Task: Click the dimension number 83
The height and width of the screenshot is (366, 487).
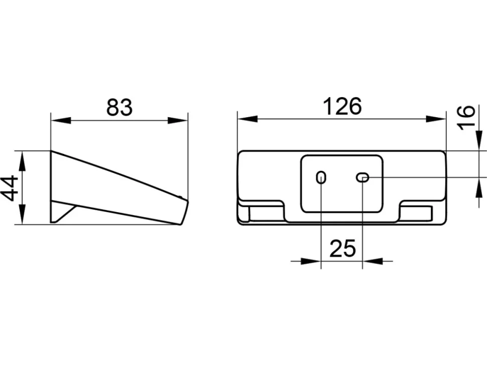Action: click(x=119, y=107)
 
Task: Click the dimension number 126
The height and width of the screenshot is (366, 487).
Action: click(x=342, y=106)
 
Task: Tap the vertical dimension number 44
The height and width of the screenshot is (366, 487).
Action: click(x=10, y=188)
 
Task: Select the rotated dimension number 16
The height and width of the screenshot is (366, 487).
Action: click(x=466, y=118)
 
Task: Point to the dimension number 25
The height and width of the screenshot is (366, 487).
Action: click(x=342, y=248)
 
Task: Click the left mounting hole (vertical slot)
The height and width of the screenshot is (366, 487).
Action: click(x=321, y=177)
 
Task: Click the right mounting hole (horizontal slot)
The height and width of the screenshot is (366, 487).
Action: click(x=362, y=177)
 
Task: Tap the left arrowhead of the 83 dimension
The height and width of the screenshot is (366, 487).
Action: click(x=61, y=121)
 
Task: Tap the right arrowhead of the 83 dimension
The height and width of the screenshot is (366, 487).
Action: click(x=178, y=121)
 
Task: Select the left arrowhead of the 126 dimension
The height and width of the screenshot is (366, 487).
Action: click(x=248, y=119)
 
